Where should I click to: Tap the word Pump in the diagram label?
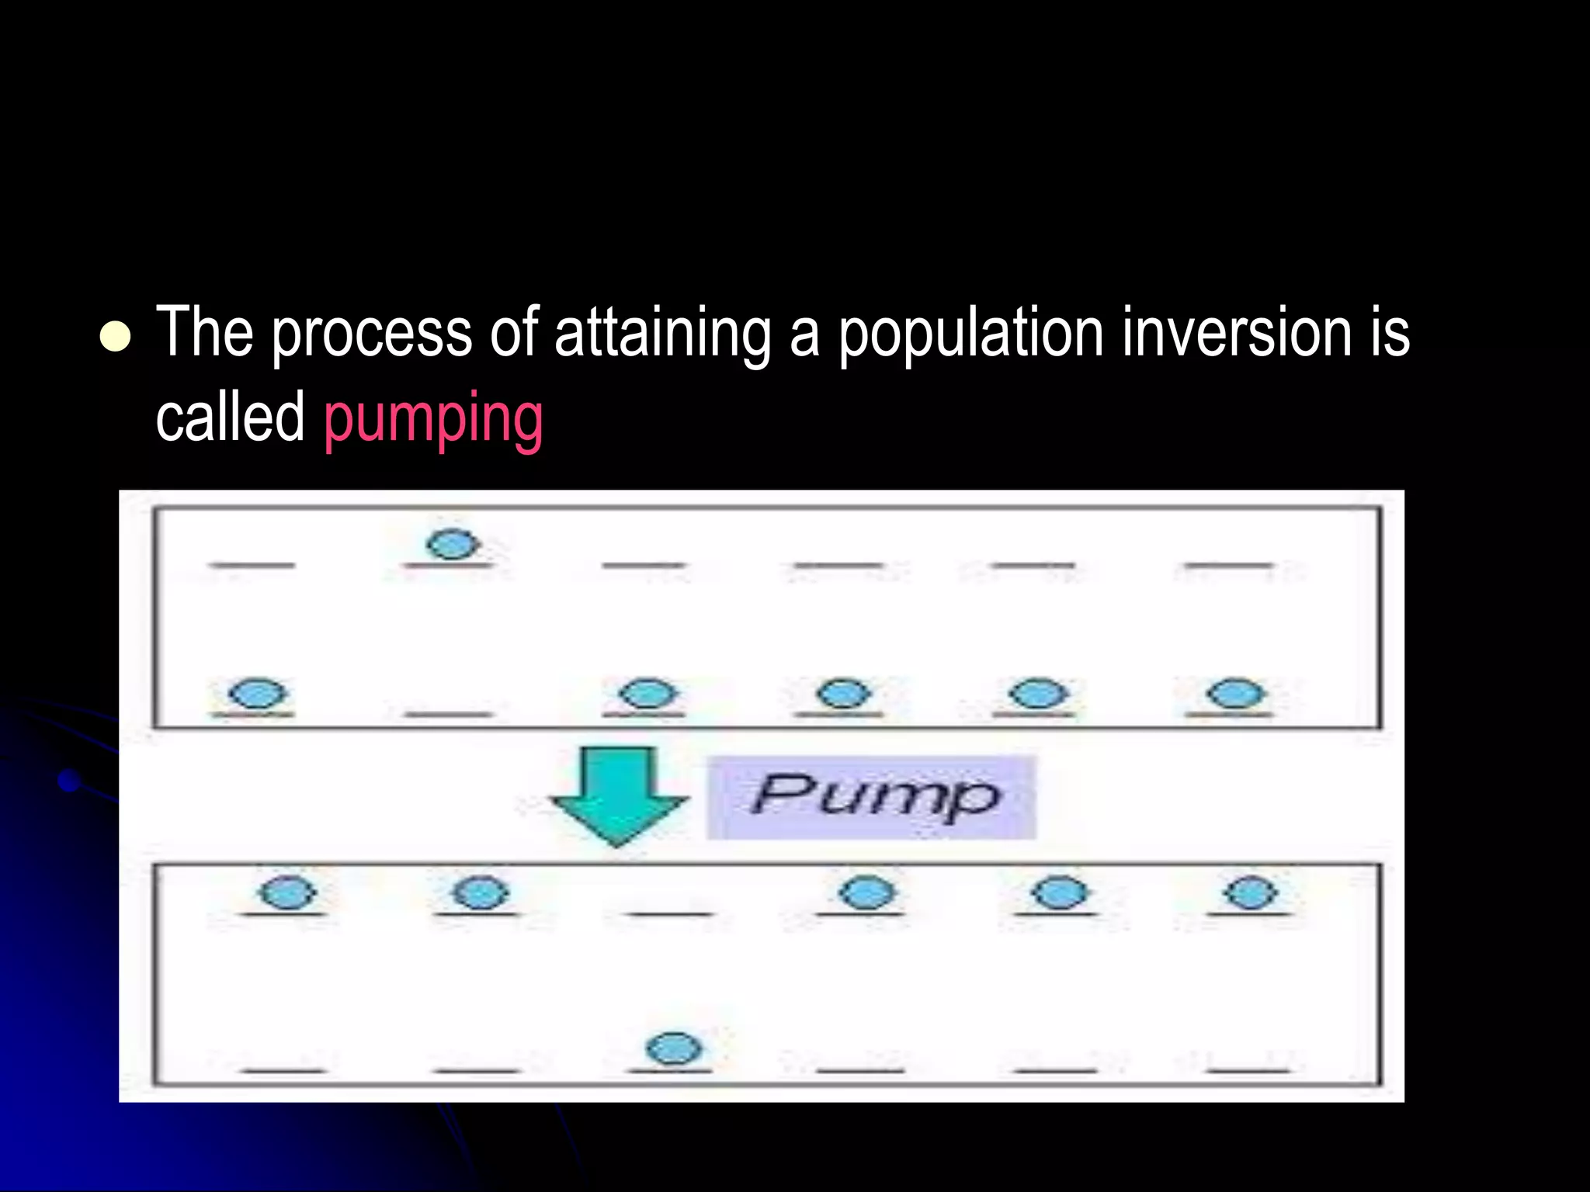click(x=875, y=795)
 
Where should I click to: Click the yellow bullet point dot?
click(x=116, y=336)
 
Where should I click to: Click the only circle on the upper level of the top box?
click(x=452, y=543)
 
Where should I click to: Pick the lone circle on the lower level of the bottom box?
click(x=674, y=1048)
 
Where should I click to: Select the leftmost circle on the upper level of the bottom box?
click(x=287, y=892)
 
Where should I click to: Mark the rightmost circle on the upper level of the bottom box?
click(x=1250, y=892)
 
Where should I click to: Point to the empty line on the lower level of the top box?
click(x=449, y=714)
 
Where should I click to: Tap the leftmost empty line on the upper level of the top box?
click(x=252, y=565)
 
